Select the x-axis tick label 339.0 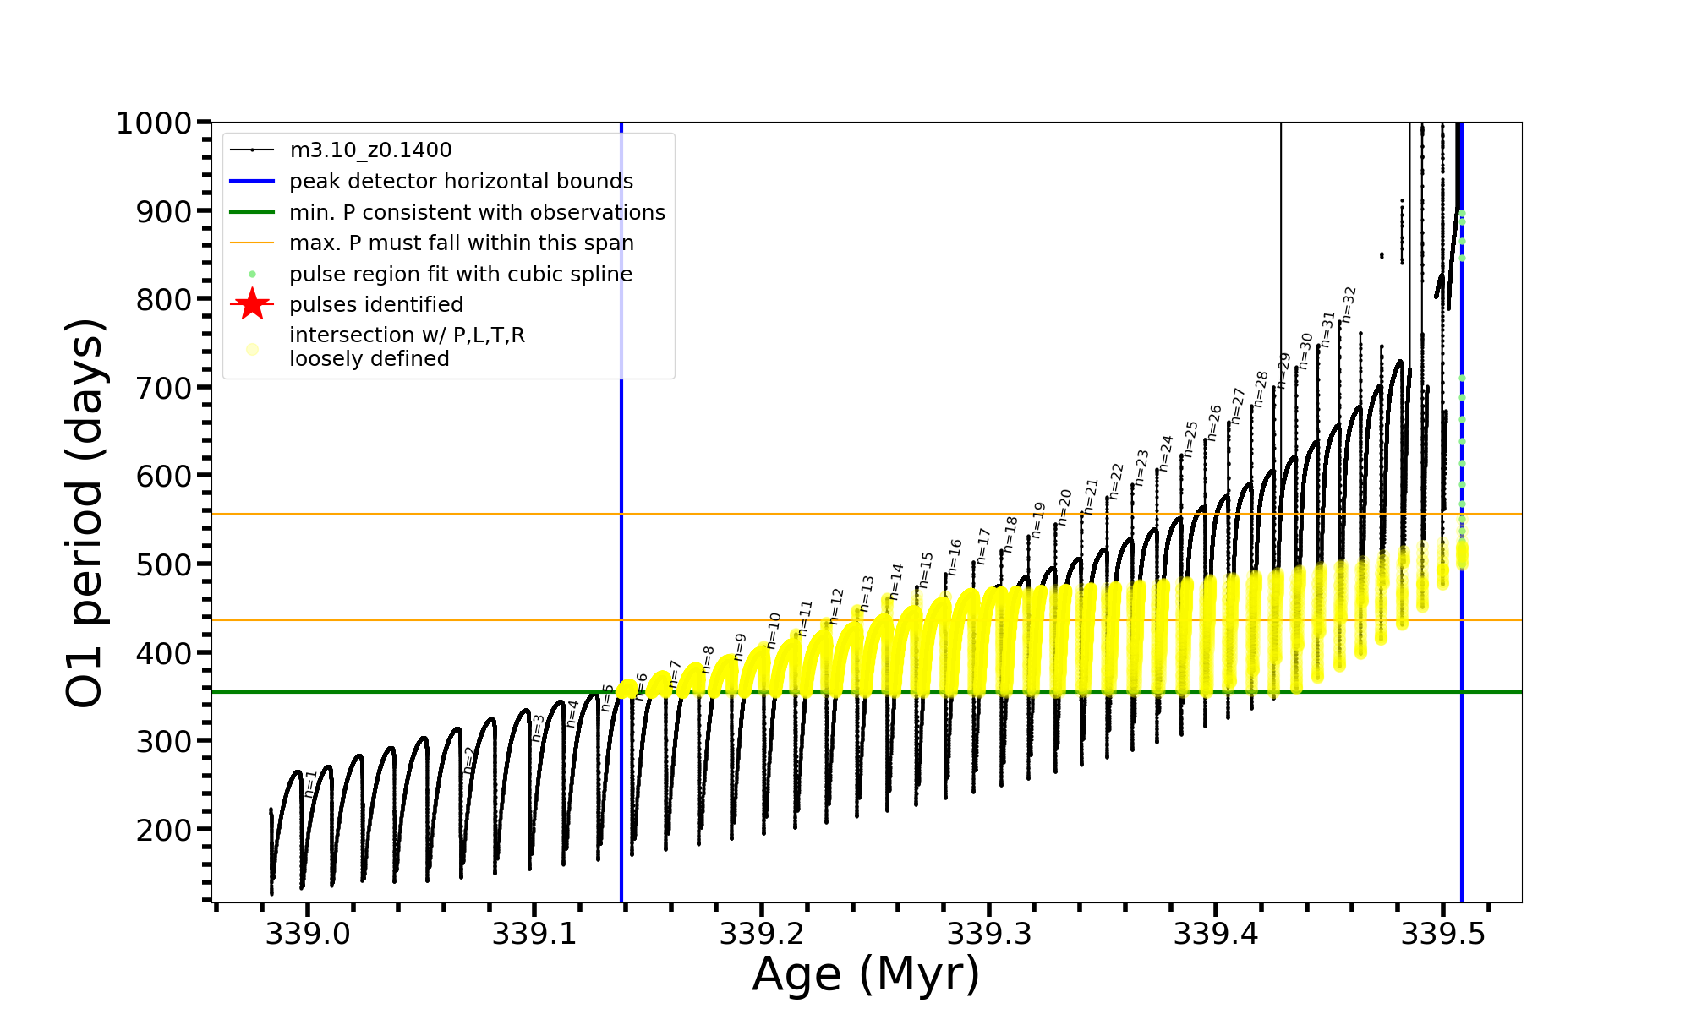[x=307, y=934]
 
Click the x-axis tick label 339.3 [x=989, y=934]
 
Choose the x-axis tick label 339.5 [x=1444, y=934]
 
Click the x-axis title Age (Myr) [x=866, y=974]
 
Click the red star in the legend [x=252, y=304]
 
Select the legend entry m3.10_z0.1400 [x=370, y=150]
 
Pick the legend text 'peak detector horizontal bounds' [x=461, y=182]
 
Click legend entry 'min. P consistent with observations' [x=477, y=212]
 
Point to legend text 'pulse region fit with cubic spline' [x=460, y=275]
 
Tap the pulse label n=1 [x=310, y=783]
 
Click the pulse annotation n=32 [x=1349, y=304]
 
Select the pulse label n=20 [x=1064, y=507]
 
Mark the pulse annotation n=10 [x=773, y=630]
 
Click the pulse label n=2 [x=469, y=760]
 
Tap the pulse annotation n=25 [x=1190, y=439]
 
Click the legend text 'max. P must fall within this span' [x=461, y=243]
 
